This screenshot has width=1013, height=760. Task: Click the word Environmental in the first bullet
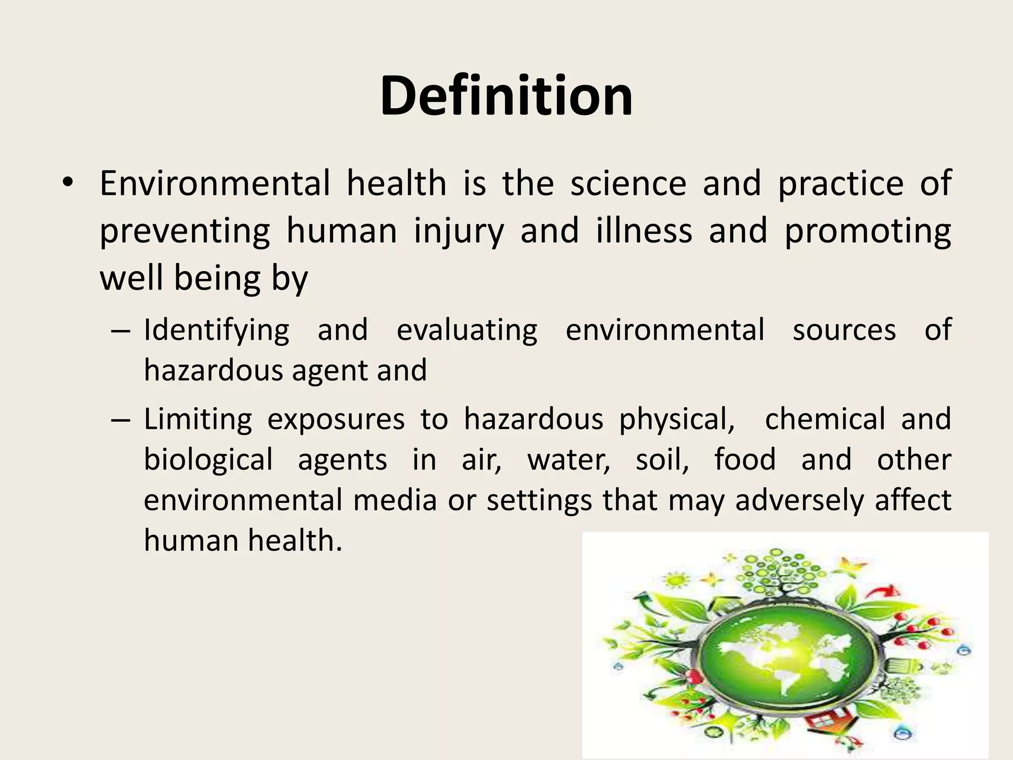[215, 184]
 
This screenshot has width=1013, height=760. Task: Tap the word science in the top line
[628, 184]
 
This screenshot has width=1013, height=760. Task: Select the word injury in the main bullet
[459, 232]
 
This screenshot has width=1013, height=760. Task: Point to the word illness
[644, 231]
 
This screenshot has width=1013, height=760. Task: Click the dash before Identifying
[120, 331]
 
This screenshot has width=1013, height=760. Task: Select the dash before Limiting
[120, 420]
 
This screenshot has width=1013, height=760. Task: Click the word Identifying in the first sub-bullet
[216, 331]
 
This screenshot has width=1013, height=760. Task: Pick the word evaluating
[466, 331]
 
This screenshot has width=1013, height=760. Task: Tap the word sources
[844, 330]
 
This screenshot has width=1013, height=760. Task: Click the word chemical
[825, 419]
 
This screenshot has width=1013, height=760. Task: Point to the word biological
[208, 459]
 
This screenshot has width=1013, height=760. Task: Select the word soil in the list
[662, 459]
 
